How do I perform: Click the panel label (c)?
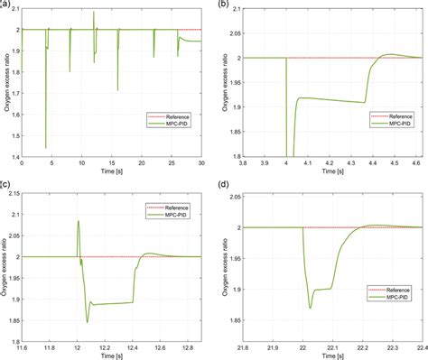tap(5, 184)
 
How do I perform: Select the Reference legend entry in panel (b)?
tap(395, 116)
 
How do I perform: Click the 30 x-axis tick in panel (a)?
tap(203, 168)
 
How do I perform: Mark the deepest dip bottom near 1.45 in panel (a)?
tap(45, 148)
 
